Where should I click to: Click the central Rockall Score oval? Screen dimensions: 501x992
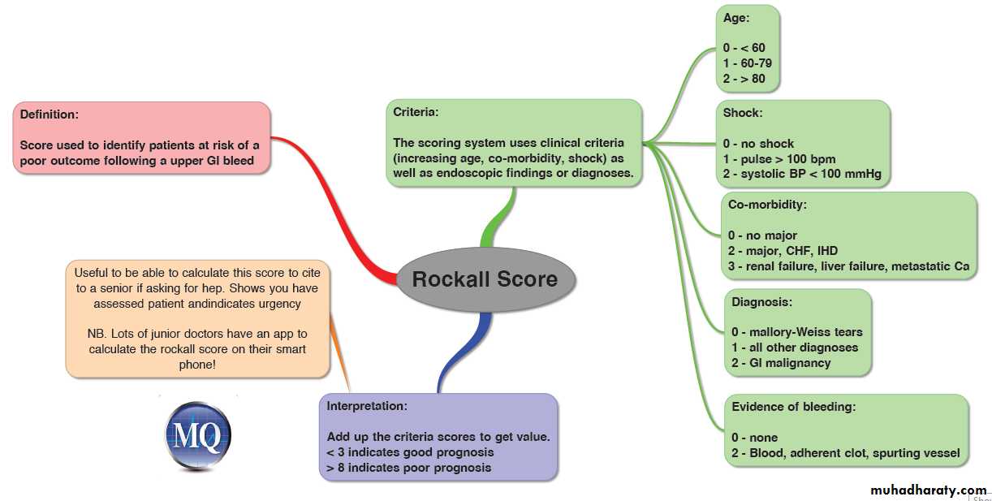[485, 279]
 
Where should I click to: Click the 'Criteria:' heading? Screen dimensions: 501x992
[416, 112]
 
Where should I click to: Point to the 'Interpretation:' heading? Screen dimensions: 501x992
[367, 405]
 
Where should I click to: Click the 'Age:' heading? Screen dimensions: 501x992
[737, 17]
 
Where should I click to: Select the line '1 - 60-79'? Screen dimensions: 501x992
[748, 63]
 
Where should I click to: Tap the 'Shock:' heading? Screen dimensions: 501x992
[743, 113]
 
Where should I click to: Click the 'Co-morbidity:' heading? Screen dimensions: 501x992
[768, 205]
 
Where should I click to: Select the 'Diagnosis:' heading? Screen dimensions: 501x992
[761, 302]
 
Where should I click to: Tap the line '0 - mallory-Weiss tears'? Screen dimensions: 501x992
[797, 332]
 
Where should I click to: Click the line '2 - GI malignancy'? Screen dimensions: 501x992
[781, 363]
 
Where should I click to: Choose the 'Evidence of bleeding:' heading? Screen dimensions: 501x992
[794, 407]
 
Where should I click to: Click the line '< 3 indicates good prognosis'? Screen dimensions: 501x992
[410, 452]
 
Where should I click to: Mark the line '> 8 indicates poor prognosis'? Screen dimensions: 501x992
[409, 468]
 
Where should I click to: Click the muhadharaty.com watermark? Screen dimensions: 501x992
[928, 490]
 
